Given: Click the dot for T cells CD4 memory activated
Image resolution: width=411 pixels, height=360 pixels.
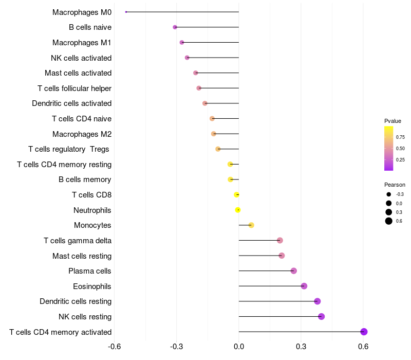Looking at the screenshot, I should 364,332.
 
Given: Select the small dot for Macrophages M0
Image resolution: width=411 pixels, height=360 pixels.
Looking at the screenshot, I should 126,12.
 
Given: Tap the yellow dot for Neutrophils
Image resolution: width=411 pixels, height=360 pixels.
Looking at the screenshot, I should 238,210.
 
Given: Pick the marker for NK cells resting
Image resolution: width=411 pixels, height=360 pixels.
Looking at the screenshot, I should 322,316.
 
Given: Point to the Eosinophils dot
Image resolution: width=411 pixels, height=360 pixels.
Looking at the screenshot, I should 304,286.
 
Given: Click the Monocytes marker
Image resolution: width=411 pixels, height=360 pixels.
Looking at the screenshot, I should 251,225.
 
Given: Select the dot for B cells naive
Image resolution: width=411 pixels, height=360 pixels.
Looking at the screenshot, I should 175,27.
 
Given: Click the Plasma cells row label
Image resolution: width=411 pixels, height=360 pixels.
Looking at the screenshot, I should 90,271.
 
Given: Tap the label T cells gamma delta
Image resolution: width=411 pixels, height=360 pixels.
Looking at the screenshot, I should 78,241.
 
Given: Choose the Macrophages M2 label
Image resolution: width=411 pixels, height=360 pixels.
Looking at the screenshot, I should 82,134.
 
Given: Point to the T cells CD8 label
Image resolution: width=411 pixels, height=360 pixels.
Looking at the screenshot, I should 92,195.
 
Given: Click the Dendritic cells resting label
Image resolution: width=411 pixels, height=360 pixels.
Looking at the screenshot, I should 76,301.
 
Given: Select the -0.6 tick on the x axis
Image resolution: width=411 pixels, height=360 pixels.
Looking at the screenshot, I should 115,347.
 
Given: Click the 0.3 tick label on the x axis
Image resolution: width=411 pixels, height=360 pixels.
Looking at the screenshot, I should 301,347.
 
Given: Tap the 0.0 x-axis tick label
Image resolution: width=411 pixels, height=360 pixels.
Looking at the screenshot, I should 239,347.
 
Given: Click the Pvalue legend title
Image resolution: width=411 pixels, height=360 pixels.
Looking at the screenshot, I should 393,121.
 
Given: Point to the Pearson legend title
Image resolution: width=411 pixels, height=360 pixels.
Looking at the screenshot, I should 395,185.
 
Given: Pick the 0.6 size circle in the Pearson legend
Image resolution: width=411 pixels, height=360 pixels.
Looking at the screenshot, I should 389,221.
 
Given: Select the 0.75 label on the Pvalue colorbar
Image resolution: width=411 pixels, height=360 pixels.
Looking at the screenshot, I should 400,137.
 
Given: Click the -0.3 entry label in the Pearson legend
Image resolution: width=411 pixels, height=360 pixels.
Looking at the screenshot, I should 399,194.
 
